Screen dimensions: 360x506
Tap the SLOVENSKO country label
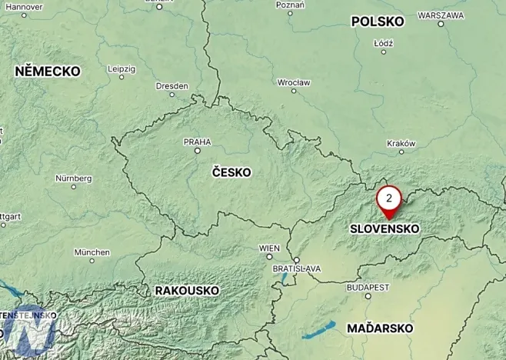tap(384, 228)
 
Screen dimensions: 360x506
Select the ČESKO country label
tap(231, 172)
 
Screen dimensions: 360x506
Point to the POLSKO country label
tap(378, 22)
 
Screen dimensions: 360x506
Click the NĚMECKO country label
tap(48, 71)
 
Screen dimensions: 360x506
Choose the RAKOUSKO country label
tap(187, 290)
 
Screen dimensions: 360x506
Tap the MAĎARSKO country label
tap(380, 328)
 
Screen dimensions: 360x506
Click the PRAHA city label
tap(197, 142)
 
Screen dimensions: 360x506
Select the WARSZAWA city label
tap(440, 15)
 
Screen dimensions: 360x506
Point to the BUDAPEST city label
tap(368, 287)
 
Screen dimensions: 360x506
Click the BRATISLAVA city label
tap(297, 268)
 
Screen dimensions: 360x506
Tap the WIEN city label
tap(269, 248)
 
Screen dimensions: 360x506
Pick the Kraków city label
tap(401, 143)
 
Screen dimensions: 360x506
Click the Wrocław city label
tap(294, 82)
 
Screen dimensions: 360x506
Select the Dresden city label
tap(171, 85)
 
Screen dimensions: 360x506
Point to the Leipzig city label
tap(122, 68)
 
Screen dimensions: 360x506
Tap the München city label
tap(92, 252)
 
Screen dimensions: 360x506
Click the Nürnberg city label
tap(74, 178)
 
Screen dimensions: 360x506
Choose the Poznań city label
tap(291, 5)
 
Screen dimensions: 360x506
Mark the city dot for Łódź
tap(383, 52)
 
